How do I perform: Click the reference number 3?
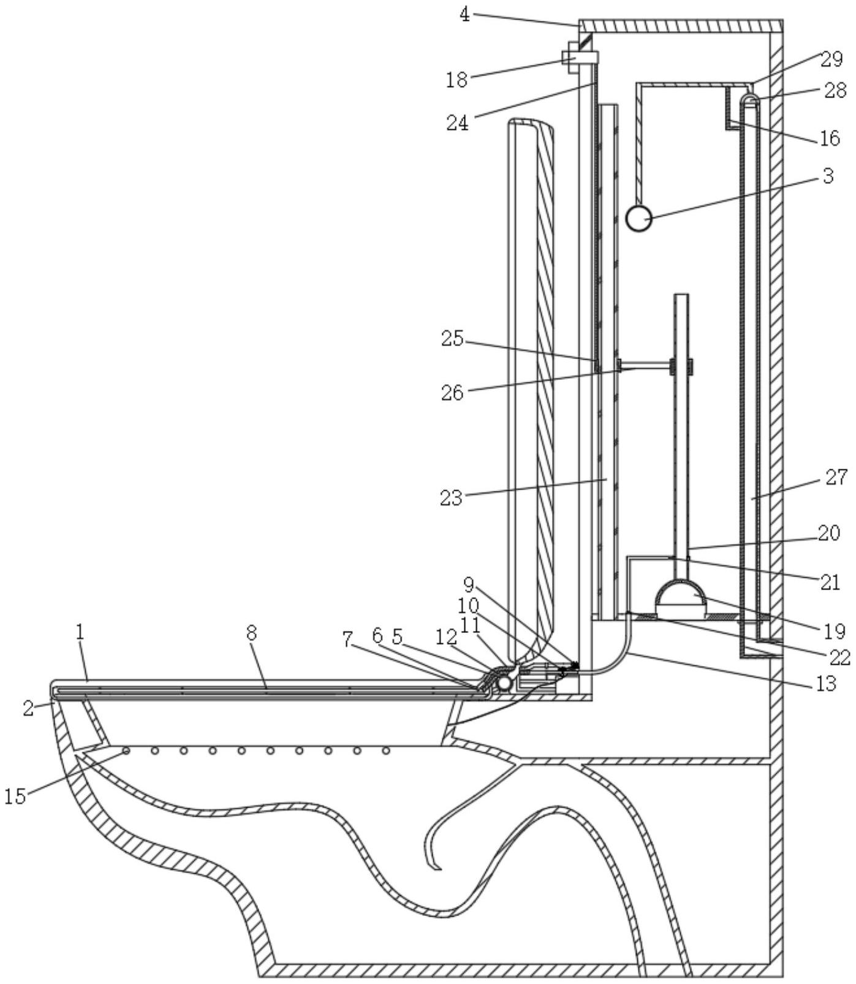pyautogui.click(x=828, y=176)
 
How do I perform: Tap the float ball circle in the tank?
pyautogui.click(x=638, y=218)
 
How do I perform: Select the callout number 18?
pyautogui.click(x=456, y=80)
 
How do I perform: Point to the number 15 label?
pyautogui.click(x=16, y=797)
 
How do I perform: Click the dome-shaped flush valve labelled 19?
pyautogui.click(x=680, y=594)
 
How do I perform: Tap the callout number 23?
pyautogui.click(x=452, y=498)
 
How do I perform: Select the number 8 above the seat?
pyautogui.click(x=252, y=633)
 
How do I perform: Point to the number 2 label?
pyautogui.click(x=29, y=708)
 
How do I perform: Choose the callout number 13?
pyautogui.click(x=827, y=683)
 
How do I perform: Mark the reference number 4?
pyautogui.click(x=466, y=15)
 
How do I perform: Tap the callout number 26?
pyautogui.click(x=453, y=392)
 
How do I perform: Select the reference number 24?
pyautogui.click(x=457, y=123)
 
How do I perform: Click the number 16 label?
pyautogui.click(x=829, y=138)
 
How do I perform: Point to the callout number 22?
pyautogui.click(x=840, y=657)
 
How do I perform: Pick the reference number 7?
pyautogui.click(x=347, y=641)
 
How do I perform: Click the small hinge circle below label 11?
pyautogui.click(x=504, y=682)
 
